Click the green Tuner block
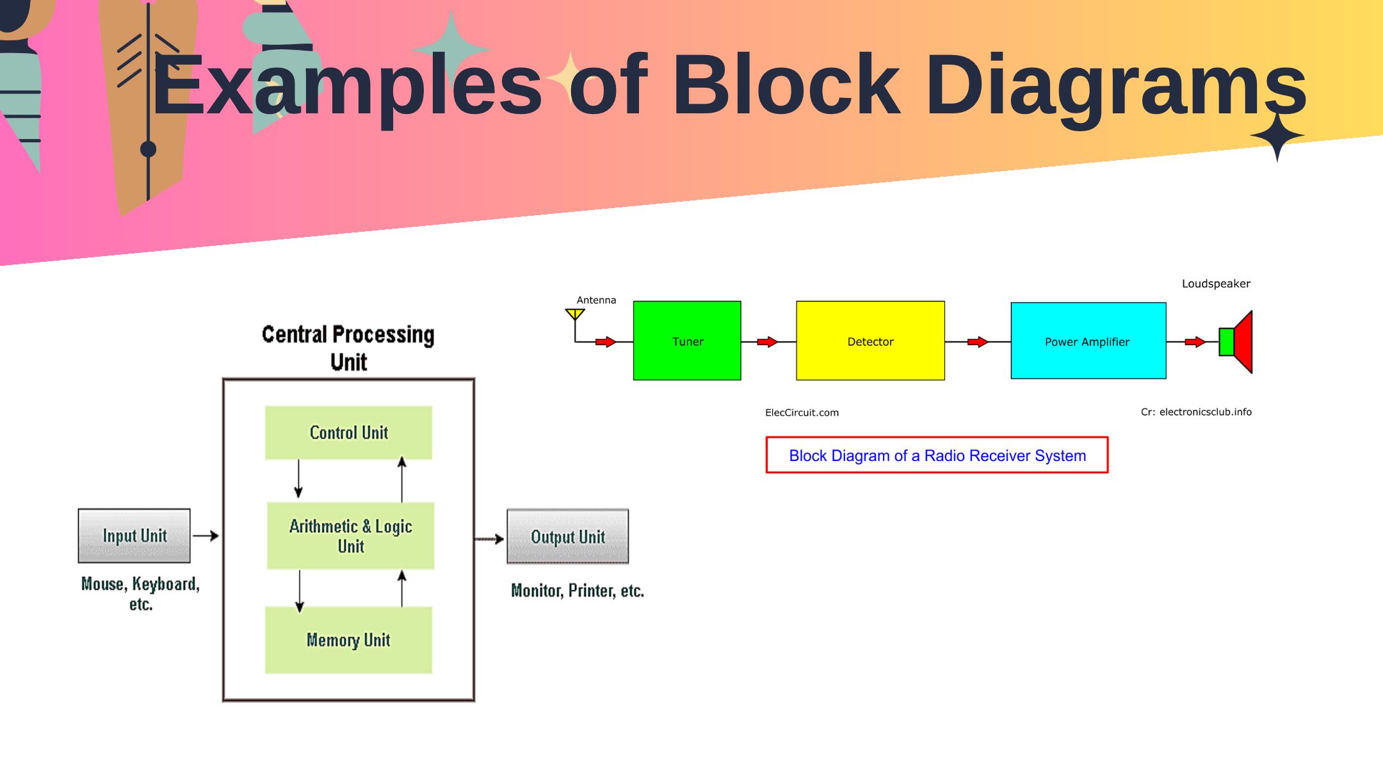coord(687,341)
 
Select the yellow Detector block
coord(870,341)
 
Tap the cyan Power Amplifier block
coord(1088,341)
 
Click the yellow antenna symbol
coord(575,314)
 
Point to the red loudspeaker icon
coord(1236,342)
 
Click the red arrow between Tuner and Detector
coord(768,342)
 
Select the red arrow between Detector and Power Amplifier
coord(978,342)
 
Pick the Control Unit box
coord(348,433)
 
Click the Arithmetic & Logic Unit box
coord(350,536)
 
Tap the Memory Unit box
coord(348,640)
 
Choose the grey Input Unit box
coord(134,536)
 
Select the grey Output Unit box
coord(568,537)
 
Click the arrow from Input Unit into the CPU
coord(206,535)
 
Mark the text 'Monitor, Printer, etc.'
coord(578,590)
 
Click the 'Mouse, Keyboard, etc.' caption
coord(141,594)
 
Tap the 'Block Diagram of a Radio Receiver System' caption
coord(937,455)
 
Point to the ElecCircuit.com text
coord(802,412)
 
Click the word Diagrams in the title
coord(1116,86)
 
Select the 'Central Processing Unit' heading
coord(348,348)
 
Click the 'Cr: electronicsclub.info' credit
coord(1196,412)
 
